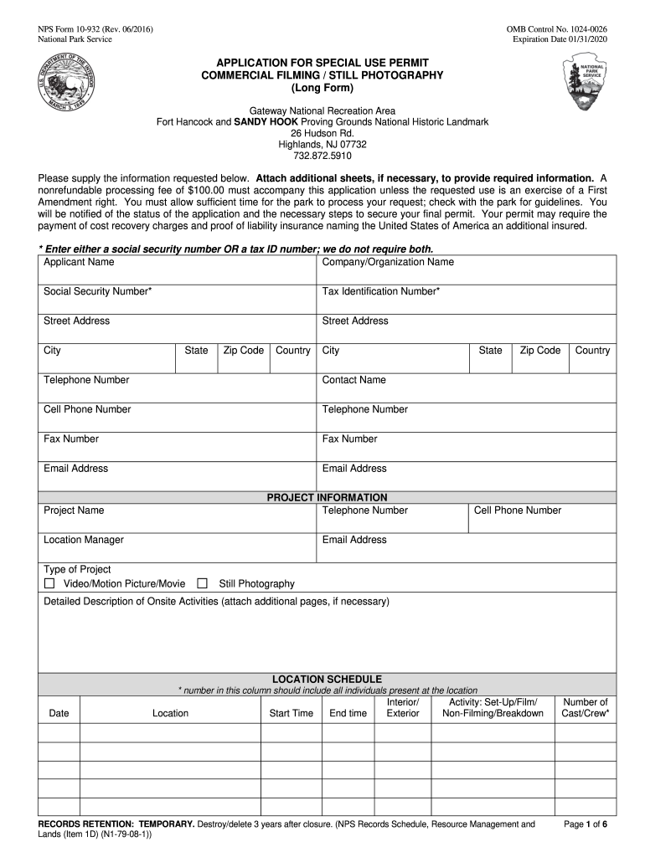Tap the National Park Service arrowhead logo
coord(592,84)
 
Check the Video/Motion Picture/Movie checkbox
coord(49,583)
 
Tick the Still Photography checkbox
coord(202,583)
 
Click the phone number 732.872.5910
coord(322,156)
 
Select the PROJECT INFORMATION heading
coord(327,497)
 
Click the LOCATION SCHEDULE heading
coord(327,679)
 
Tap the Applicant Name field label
coord(79,262)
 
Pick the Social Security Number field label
coord(97,291)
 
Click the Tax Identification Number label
coord(381,291)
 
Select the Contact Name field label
coord(354,380)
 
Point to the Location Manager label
coord(84,540)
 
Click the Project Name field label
coord(74,511)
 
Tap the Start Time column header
coord(291,713)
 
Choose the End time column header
coord(348,713)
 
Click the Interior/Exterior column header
coord(402,707)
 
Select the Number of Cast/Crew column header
coord(586,707)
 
